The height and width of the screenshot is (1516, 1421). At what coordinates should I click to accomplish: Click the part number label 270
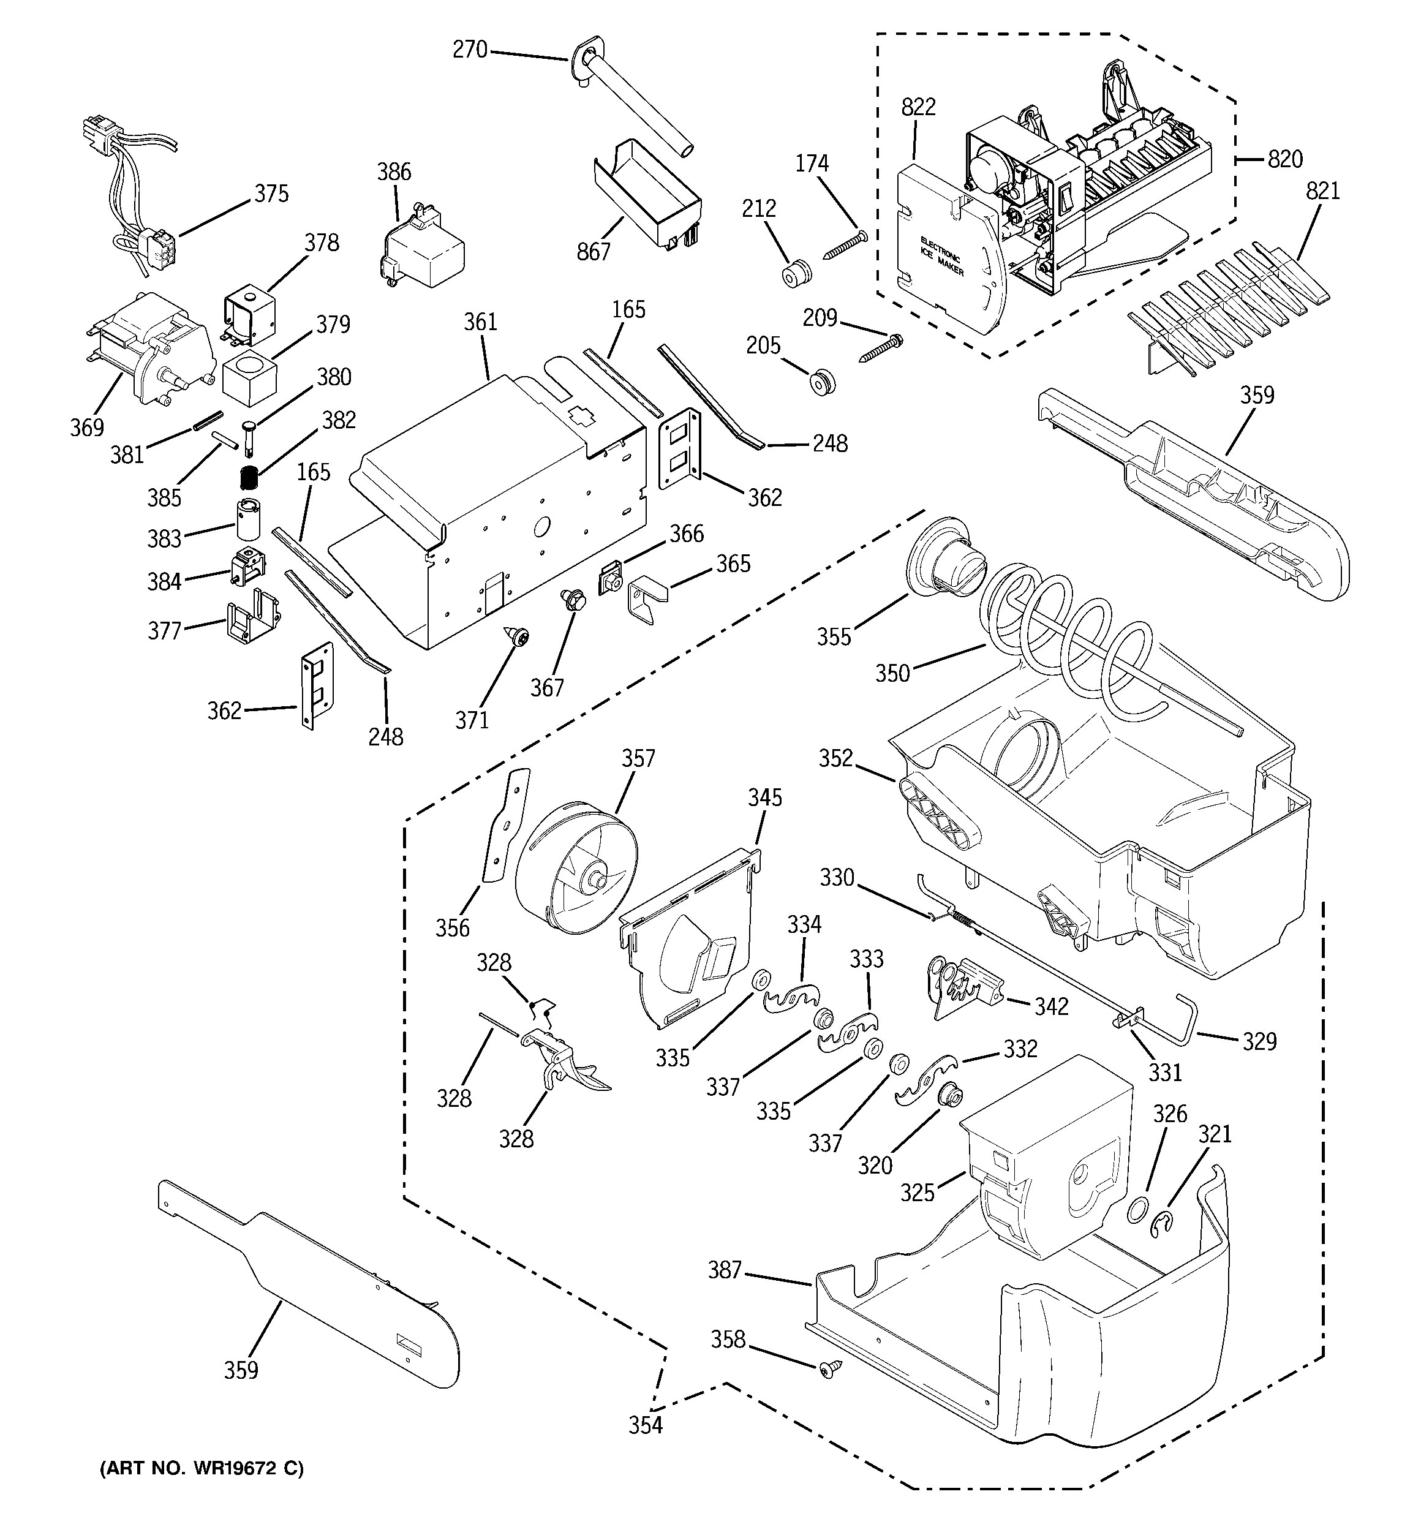point(469,50)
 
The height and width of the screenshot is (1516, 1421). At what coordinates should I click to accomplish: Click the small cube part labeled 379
point(249,374)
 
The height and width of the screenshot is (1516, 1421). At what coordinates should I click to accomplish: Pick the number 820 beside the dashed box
point(1284,159)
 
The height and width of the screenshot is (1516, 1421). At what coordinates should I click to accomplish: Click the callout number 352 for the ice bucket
point(836,758)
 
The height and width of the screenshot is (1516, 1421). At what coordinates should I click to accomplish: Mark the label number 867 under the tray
point(594,251)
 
